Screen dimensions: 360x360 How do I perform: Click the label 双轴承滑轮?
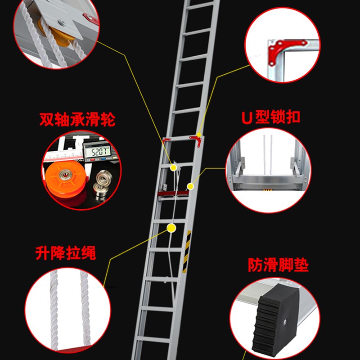77,120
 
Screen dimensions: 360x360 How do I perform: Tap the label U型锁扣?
270,117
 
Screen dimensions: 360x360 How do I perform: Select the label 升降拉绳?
66,253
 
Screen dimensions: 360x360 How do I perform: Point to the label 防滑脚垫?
279,265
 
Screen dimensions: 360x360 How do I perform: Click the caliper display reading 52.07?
99,152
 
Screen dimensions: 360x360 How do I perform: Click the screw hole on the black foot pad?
286,322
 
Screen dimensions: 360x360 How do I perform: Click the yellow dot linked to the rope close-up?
171,228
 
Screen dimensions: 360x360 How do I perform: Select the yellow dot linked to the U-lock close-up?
190,185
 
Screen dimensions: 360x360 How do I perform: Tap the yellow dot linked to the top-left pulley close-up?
174,167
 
